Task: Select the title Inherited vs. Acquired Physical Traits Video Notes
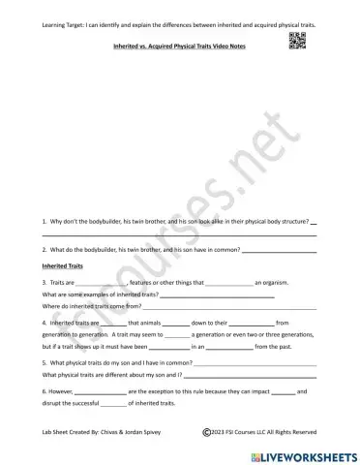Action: (x=180, y=46)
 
